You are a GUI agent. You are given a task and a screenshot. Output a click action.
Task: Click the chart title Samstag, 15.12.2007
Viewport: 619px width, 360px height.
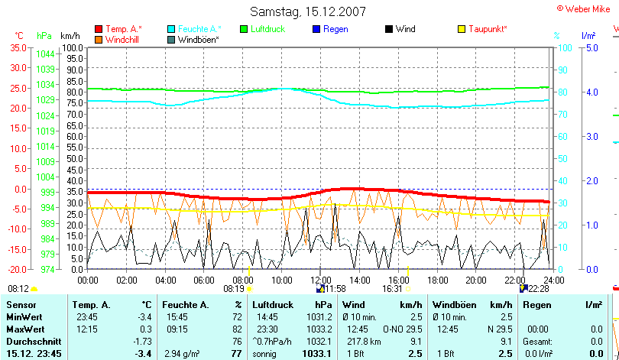pyautogui.click(x=308, y=11)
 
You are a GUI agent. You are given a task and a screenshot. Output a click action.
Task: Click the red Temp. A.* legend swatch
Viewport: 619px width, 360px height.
pyautogui.click(x=99, y=29)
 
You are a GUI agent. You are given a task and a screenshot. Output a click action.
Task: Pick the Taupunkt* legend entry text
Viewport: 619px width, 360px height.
pyautogui.click(x=488, y=29)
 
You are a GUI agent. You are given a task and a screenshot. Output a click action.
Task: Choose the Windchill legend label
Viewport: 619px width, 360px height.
pyautogui.click(x=122, y=39)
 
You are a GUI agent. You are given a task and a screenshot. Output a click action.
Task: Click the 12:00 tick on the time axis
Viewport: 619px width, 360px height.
pyautogui.click(x=320, y=281)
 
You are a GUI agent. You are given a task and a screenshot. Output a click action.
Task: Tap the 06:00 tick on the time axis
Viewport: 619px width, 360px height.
pyautogui.click(x=204, y=281)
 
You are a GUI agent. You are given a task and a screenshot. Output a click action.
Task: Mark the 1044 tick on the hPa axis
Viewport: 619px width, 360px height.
pyautogui.click(x=45, y=54)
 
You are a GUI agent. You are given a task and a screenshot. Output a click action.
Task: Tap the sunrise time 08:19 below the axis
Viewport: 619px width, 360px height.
pyautogui.click(x=233, y=290)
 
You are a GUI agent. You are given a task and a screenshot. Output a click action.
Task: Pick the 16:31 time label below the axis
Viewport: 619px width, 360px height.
pyautogui.click(x=392, y=290)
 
